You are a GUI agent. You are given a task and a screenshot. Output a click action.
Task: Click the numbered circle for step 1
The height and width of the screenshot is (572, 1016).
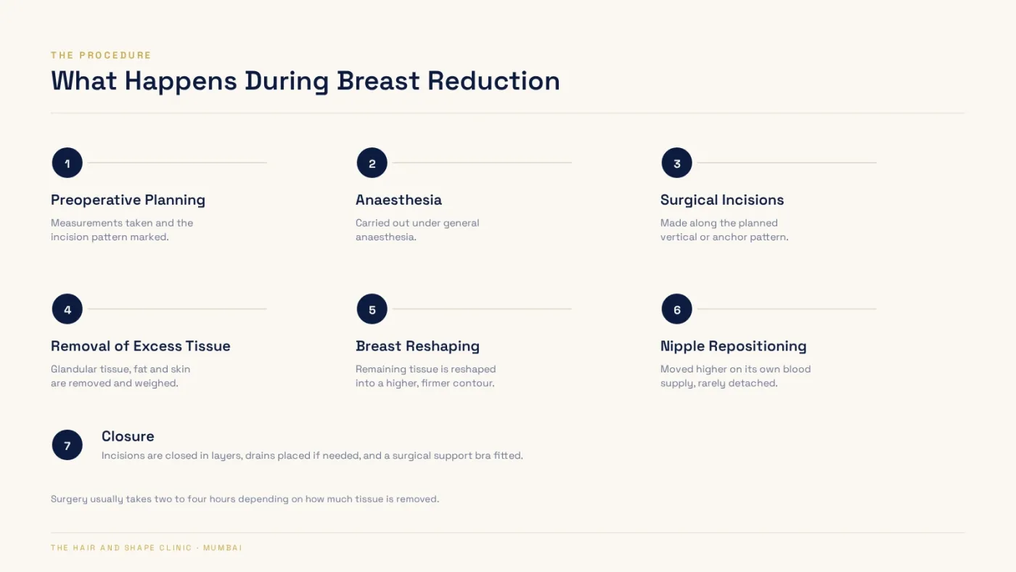point(67,163)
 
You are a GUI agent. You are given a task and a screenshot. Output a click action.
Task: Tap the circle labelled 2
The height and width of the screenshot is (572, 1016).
point(372,163)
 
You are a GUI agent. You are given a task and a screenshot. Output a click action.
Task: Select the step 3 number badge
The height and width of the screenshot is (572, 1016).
point(676,163)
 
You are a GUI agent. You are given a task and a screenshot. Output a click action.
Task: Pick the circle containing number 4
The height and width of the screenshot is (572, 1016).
point(67,309)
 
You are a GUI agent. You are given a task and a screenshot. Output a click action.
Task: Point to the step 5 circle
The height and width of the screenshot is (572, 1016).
point(372,309)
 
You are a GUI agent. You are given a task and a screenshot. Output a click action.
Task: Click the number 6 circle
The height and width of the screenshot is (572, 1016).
point(676,309)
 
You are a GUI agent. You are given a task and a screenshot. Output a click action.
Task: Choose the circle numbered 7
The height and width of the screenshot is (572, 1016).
point(67,445)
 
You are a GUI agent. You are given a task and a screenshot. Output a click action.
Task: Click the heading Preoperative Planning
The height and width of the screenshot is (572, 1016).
point(128,200)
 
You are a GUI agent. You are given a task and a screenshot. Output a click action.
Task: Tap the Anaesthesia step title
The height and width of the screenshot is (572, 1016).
point(398,200)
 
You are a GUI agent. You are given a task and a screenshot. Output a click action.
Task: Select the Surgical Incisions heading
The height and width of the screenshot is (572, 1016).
point(722,200)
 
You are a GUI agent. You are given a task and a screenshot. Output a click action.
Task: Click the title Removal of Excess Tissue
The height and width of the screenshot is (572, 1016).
point(141,346)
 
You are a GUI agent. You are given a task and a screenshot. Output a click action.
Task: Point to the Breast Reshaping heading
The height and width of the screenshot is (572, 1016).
point(417,346)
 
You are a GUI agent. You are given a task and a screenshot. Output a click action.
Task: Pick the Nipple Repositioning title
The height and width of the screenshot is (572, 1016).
point(734,346)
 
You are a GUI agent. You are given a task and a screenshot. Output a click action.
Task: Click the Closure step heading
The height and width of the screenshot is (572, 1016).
point(128,436)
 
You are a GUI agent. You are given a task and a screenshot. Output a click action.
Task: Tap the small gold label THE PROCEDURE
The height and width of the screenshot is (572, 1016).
point(101,55)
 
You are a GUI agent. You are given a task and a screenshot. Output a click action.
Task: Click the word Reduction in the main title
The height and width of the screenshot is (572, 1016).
point(493,81)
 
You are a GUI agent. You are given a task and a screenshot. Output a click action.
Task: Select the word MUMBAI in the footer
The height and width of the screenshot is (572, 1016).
point(223,548)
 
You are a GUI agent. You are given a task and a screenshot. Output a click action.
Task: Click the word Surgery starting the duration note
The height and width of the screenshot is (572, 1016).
point(69,499)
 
